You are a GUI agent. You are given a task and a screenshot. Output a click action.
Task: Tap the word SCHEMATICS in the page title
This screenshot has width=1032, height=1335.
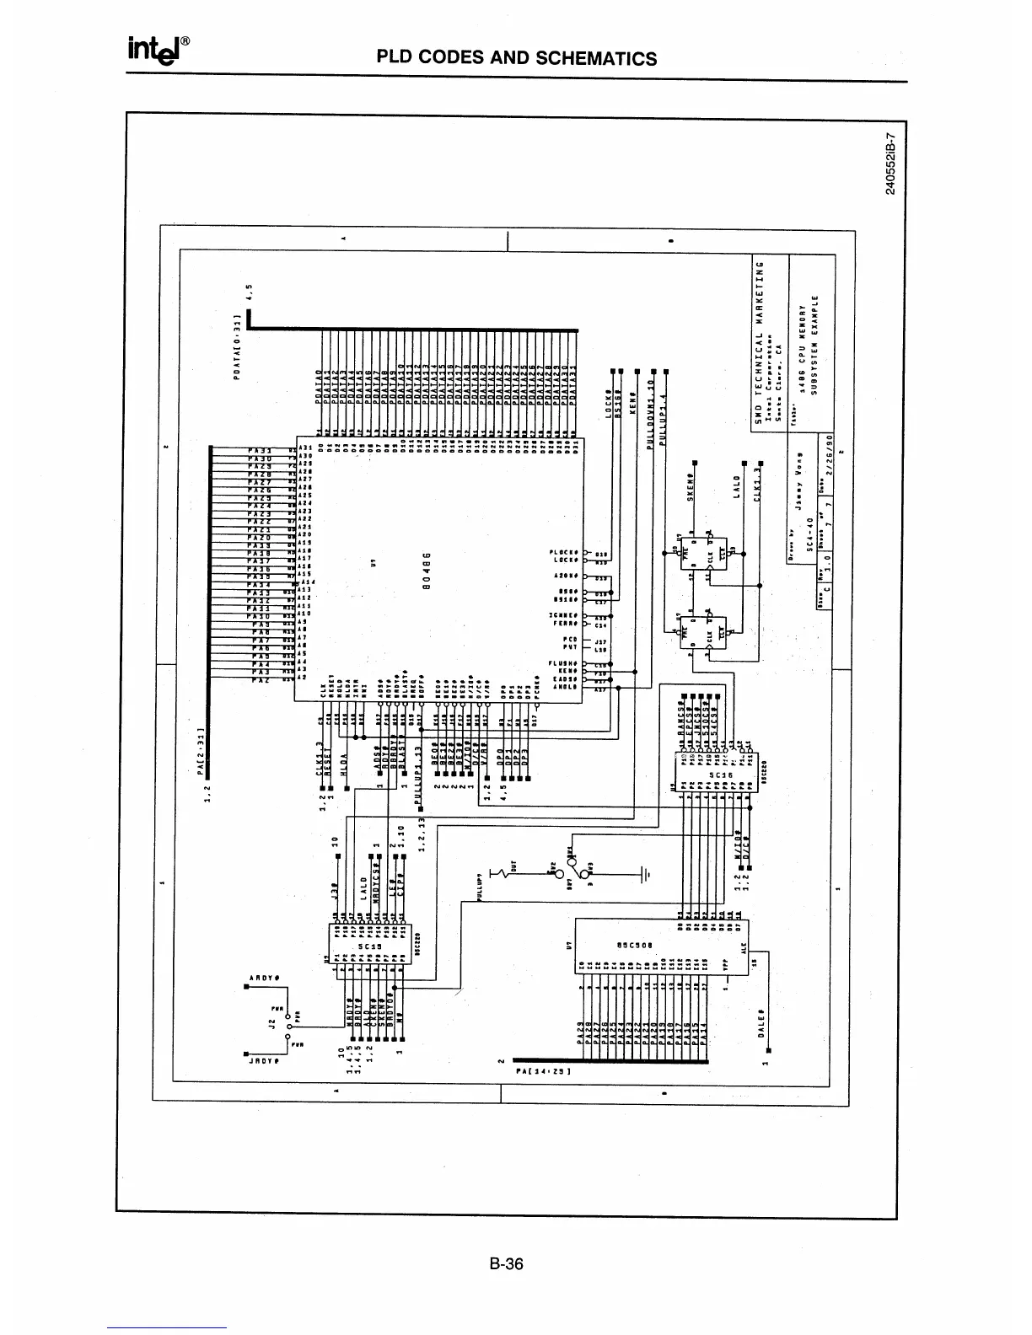[596, 58]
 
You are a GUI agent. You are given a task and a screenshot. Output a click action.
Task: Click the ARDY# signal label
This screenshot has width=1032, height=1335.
[264, 977]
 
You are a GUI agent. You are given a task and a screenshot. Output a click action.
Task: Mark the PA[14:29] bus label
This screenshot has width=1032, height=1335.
[544, 1071]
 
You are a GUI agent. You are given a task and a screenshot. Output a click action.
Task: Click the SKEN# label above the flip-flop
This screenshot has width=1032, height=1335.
[689, 487]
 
